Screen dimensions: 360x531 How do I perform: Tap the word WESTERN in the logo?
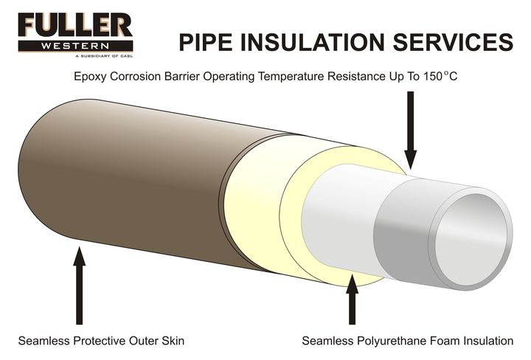pyautogui.click(x=76, y=46)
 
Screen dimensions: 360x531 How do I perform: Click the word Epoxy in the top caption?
pyautogui.click(x=90, y=77)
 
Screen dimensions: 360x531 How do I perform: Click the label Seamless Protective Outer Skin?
pyautogui.click(x=101, y=341)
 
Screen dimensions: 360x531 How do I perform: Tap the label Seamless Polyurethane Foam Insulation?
pyautogui.click(x=407, y=341)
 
